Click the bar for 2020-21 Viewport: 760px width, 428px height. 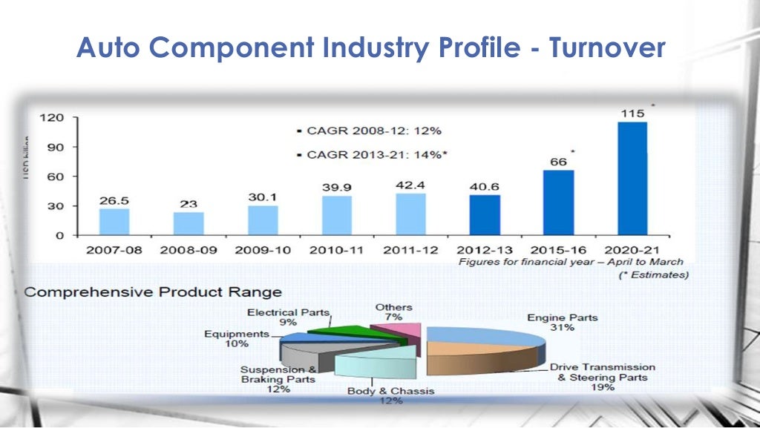point(632,179)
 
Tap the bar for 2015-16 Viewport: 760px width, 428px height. point(558,203)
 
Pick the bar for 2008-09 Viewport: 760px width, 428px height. point(189,223)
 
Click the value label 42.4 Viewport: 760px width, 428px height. point(410,184)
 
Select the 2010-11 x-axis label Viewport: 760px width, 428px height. point(337,250)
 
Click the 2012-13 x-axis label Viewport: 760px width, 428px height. point(485,250)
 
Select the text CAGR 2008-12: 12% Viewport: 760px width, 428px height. point(369,131)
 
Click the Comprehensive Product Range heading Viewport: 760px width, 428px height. point(154,292)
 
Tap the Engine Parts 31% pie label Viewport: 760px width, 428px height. point(562,323)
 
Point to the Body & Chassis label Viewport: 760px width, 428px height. point(391,395)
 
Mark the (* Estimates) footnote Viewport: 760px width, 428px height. point(653,274)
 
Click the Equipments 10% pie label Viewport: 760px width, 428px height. point(236,339)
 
